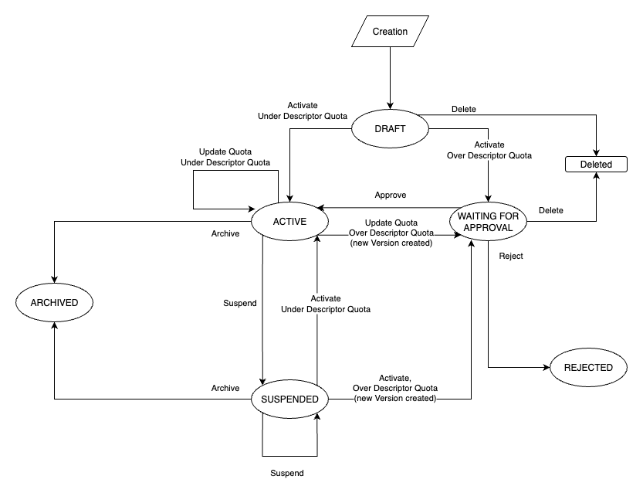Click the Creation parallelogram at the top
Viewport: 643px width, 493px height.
click(x=391, y=32)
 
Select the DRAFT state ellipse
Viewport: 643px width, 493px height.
click(x=390, y=127)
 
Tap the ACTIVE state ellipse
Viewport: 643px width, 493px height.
click(x=289, y=222)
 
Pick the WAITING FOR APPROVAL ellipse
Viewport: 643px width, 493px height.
click(x=489, y=222)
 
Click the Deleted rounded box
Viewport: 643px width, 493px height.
click(x=596, y=165)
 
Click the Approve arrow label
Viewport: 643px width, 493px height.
click(x=390, y=195)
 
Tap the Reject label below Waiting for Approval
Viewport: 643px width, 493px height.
click(x=511, y=256)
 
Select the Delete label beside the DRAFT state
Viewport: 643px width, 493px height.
click(x=464, y=109)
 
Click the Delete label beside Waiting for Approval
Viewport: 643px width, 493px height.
click(x=550, y=210)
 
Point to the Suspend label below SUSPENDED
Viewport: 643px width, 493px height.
click(x=286, y=473)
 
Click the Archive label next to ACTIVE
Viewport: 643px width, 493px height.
click(x=225, y=233)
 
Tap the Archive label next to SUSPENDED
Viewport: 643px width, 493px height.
click(x=225, y=387)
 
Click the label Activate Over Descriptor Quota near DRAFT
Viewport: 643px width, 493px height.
click(x=489, y=150)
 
